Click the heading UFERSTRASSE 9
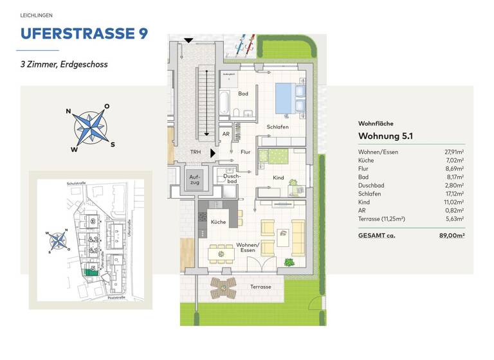[84, 33]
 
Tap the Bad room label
[242, 94]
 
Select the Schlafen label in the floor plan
[278, 127]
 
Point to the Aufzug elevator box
[195, 179]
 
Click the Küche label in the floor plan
[218, 221]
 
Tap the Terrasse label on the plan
[261, 287]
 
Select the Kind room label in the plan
[279, 177]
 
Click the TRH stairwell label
[195, 152]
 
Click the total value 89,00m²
[453, 235]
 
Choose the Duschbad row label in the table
[371, 185]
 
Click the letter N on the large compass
[68, 111]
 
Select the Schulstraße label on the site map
[76, 184]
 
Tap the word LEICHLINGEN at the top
[37, 14]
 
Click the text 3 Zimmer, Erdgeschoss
[64, 64]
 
